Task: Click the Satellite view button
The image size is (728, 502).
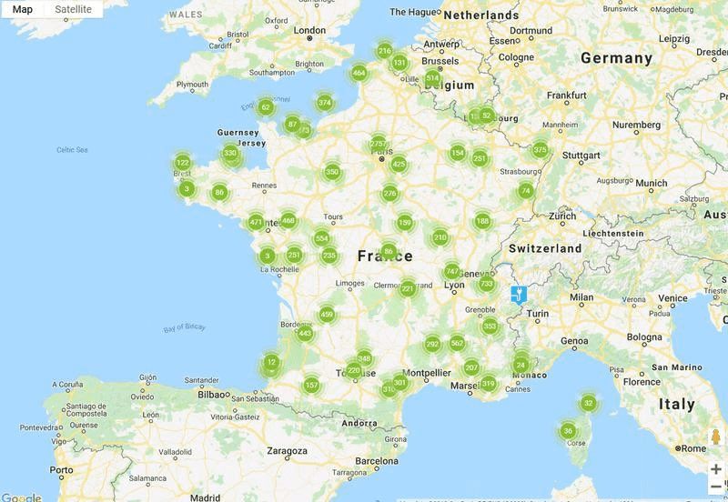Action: (73, 9)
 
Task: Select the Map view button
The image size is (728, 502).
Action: (23, 9)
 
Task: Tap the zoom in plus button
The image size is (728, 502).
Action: (716, 469)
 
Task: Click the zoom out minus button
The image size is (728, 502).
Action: (716, 487)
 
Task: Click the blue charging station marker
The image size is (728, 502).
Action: (518, 294)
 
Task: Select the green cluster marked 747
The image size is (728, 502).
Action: (451, 272)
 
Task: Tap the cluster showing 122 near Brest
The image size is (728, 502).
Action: (182, 163)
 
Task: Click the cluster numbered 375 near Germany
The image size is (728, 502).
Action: (541, 150)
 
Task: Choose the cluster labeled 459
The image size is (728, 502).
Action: (327, 315)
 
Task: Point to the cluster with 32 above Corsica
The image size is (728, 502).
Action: (589, 403)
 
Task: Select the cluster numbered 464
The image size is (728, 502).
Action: (359, 73)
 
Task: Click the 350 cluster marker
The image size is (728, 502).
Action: (332, 172)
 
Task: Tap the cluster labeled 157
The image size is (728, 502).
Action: (311, 386)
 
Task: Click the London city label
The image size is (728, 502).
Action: (309, 30)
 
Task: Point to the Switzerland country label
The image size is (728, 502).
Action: (545, 248)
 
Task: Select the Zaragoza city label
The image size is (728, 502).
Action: (287, 450)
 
